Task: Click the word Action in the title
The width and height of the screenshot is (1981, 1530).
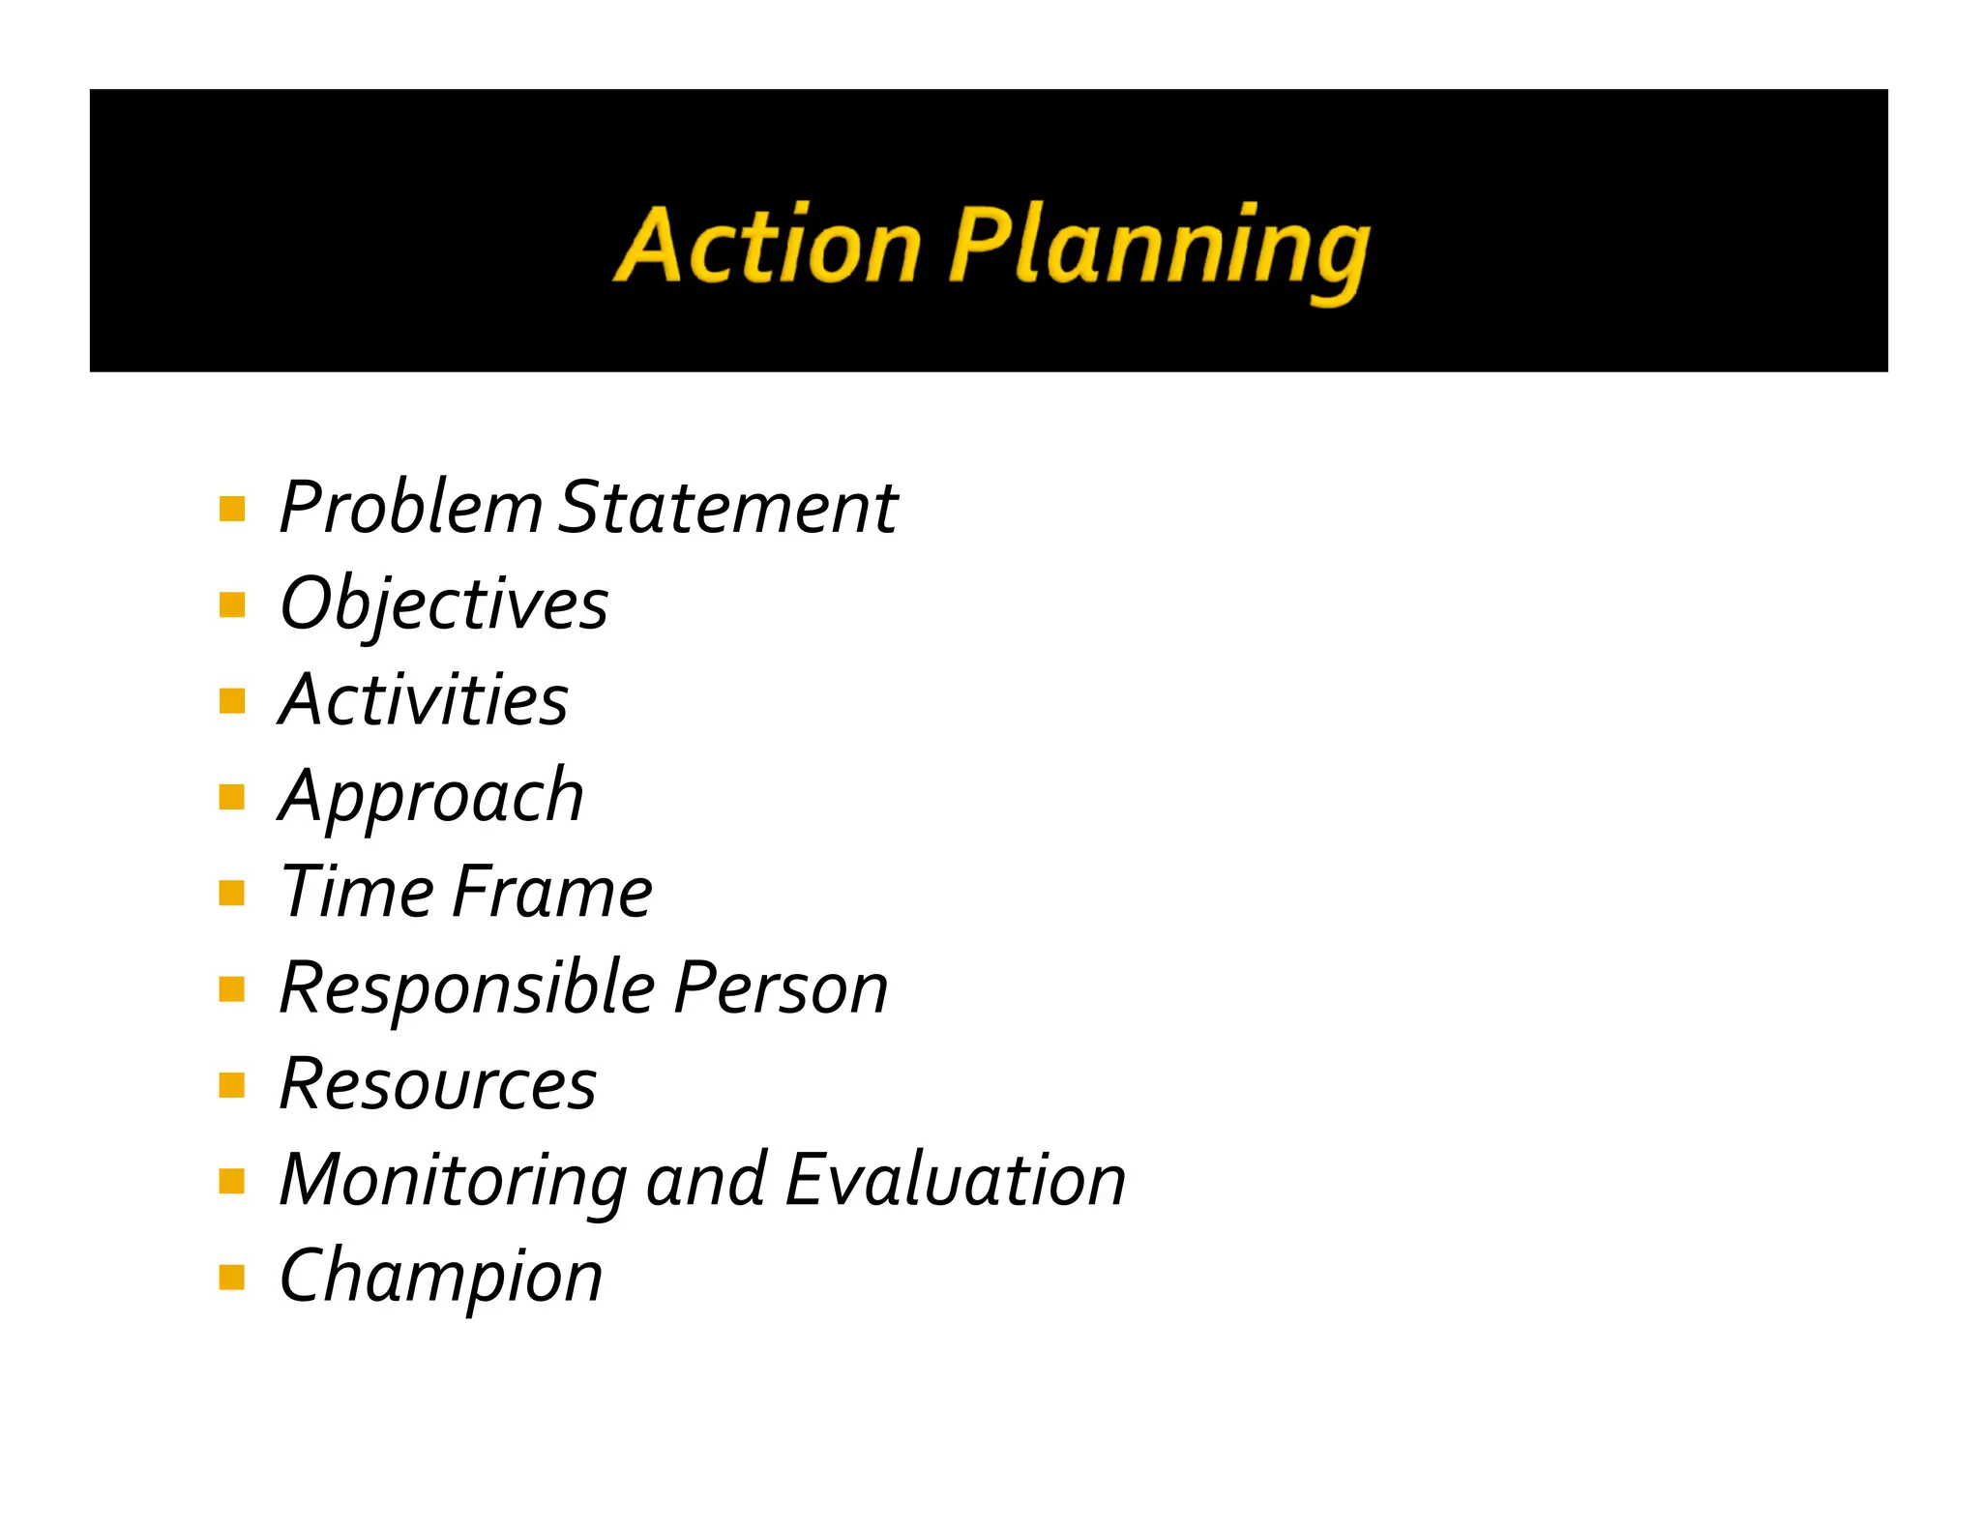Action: coord(768,246)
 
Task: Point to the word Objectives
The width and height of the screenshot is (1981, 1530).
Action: coord(444,603)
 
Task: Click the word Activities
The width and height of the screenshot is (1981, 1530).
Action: coord(424,699)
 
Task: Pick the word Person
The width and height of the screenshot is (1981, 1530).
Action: coord(781,988)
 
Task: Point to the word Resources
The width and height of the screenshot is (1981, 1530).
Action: coord(437,1084)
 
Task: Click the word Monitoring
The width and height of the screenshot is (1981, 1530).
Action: coord(453,1181)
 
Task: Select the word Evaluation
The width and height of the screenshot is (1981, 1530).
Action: coord(956,1180)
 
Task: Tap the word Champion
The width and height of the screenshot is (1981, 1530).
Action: coord(441,1277)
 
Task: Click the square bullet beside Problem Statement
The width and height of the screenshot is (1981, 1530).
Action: coord(232,509)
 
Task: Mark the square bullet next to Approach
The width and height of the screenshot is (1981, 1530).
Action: coord(232,797)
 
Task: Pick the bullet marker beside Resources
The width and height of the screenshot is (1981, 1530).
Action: coord(232,1085)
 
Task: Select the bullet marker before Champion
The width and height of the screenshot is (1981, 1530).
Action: coord(232,1278)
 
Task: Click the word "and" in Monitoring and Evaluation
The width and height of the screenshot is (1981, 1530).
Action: coord(706,1180)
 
